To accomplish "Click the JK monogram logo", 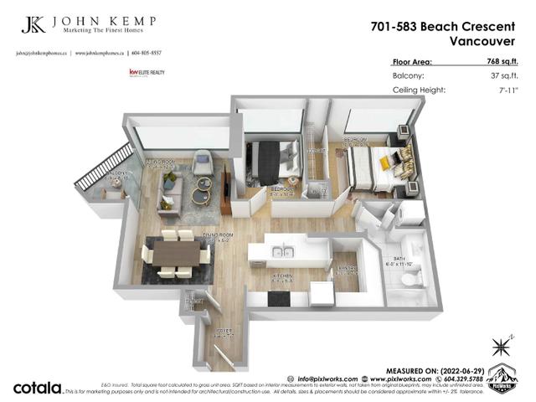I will [x=34, y=25].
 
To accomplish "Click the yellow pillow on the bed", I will [x=384, y=163].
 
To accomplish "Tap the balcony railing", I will [x=103, y=167].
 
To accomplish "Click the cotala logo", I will [x=38, y=388].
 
